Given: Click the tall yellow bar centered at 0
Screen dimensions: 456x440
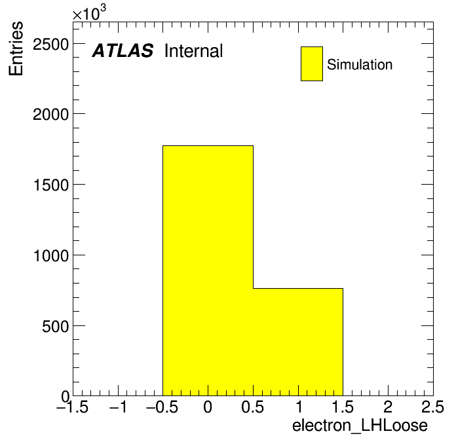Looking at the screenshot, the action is tap(208, 270).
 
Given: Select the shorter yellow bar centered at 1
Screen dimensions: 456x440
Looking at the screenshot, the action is tap(298, 342).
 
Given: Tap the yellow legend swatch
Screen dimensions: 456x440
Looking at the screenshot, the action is tap(312, 64).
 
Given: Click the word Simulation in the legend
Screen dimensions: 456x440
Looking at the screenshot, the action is tap(360, 65).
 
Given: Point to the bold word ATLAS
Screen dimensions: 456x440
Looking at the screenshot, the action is tap(123, 50).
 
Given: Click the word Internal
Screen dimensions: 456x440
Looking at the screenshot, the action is tap(194, 51).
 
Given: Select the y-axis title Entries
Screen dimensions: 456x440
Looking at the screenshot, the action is tap(16, 48).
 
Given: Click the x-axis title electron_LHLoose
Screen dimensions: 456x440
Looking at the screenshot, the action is tap(360, 426).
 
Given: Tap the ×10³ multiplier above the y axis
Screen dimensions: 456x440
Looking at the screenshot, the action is tap(89, 12).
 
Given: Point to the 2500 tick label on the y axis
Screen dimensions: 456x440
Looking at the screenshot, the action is tap(50, 45).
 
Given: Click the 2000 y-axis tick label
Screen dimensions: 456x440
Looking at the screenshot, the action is tap(50, 115).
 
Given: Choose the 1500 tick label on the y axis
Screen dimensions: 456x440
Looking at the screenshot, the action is tap(51, 185).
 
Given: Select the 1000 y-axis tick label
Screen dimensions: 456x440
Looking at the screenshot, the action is tap(51, 256).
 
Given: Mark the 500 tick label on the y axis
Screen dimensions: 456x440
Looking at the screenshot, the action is tap(55, 327).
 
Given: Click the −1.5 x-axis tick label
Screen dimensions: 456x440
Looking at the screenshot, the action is tap(73, 407).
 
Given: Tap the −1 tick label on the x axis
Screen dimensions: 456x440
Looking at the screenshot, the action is tap(118, 407).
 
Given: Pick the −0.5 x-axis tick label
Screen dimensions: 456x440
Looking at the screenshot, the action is tap(162, 407).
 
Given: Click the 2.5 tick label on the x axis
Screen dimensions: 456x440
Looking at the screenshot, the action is tap(432, 407).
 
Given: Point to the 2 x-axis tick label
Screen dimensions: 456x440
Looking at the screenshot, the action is tap(388, 407).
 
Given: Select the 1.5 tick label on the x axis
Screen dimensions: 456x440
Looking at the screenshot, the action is tap(343, 407).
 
